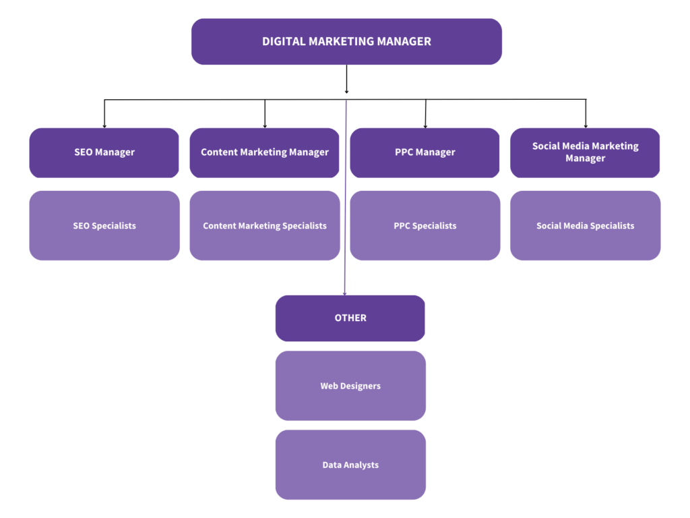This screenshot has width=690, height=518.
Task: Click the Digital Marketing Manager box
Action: pos(346,42)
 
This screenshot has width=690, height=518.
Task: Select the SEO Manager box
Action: pos(104,152)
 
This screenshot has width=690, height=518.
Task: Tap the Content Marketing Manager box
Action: pos(265,152)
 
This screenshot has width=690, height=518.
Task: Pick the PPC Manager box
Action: pos(425,152)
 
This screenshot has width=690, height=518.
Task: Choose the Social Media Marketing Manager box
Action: pos(585,152)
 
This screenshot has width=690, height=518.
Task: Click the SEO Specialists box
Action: pos(104,225)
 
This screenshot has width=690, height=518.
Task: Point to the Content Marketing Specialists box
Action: pos(265,225)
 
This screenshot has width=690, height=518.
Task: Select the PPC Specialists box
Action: pos(425,225)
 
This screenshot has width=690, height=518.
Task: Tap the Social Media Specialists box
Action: pos(585,225)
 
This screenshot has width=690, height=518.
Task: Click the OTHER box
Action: pos(350,318)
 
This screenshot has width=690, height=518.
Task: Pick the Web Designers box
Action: pos(350,386)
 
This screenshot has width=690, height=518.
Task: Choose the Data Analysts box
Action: pos(350,465)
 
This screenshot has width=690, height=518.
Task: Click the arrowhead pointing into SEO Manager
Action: pos(104,125)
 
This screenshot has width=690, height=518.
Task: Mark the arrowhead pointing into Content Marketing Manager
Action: pos(265,125)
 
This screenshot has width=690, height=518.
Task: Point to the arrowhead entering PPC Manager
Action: pos(425,125)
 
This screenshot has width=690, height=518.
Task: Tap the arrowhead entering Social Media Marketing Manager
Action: pos(586,125)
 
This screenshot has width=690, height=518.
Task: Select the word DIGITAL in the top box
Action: pos(283,42)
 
